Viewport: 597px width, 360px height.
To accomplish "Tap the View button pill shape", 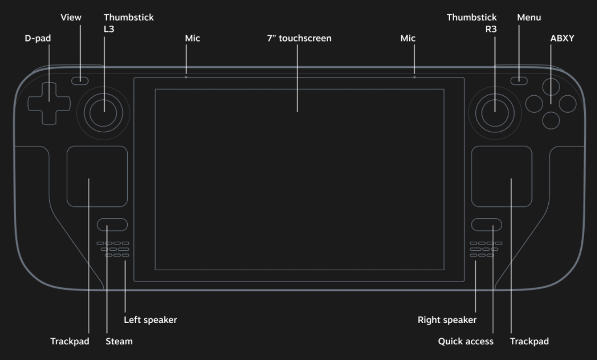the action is (80, 81).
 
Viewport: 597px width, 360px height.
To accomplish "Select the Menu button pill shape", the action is (519, 81).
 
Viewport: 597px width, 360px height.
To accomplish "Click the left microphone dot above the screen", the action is (186, 77).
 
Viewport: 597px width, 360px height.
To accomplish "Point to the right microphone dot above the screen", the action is (415, 77).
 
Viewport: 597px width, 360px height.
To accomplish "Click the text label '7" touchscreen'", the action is (299, 38).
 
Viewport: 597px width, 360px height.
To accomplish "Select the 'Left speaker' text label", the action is (150, 320).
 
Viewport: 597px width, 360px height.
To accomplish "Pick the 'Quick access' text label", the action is (466, 341).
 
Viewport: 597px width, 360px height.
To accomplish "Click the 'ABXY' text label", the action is (562, 38).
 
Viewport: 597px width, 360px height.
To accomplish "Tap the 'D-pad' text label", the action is (38, 38).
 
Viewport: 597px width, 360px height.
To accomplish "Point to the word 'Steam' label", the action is (119, 341).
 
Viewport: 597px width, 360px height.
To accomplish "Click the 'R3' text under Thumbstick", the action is (491, 29).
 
